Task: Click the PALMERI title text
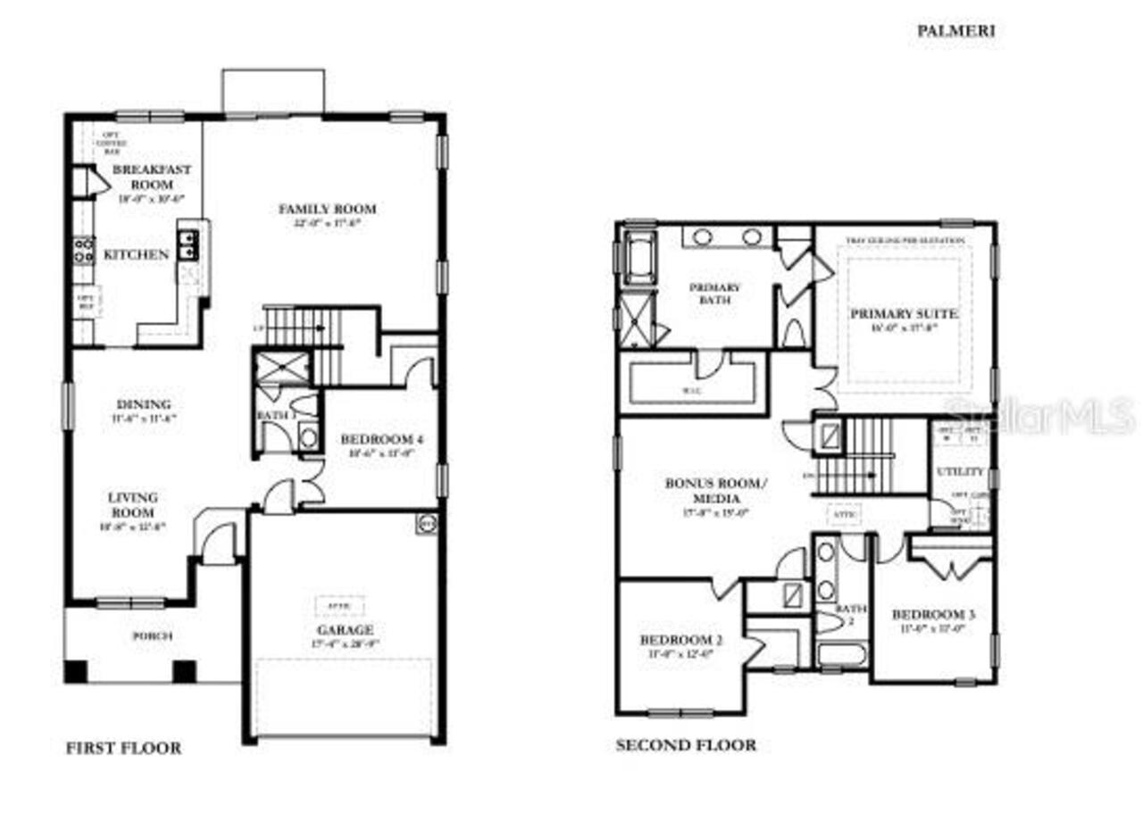pyautogui.click(x=955, y=30)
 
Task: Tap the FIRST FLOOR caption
pyautogui.click(x=123, y=748)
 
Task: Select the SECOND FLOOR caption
pyautogui.click(x=686, y=744)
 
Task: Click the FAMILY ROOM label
pyautogui.click(x=327, y=209)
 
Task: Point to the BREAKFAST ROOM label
pyautogui.click(x=151, y=176)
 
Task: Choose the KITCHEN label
pyautogui.click(x=137, y=254)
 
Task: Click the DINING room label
pyautogui.click(x=143, y=403)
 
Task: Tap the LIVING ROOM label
pyautogui.click(x=133, y=504)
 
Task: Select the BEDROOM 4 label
pyautogui.click(x=382, y=439)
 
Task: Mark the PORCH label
pyautogui.click(x=152, y=636)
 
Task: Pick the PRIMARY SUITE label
pyautogui.click(x=904, y=314)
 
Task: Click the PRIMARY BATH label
pyautogui.click(x=714, y=294)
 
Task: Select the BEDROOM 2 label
pyautogui.click(x=680, y=640)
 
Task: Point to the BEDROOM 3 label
pyautogui.click(x=933, y=615)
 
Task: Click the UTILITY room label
pyautogui.click(x=960, y=470)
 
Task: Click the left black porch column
pyautogui.click(x=76, y=671)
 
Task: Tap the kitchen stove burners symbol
pyautogui.click(x=83, y=249)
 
